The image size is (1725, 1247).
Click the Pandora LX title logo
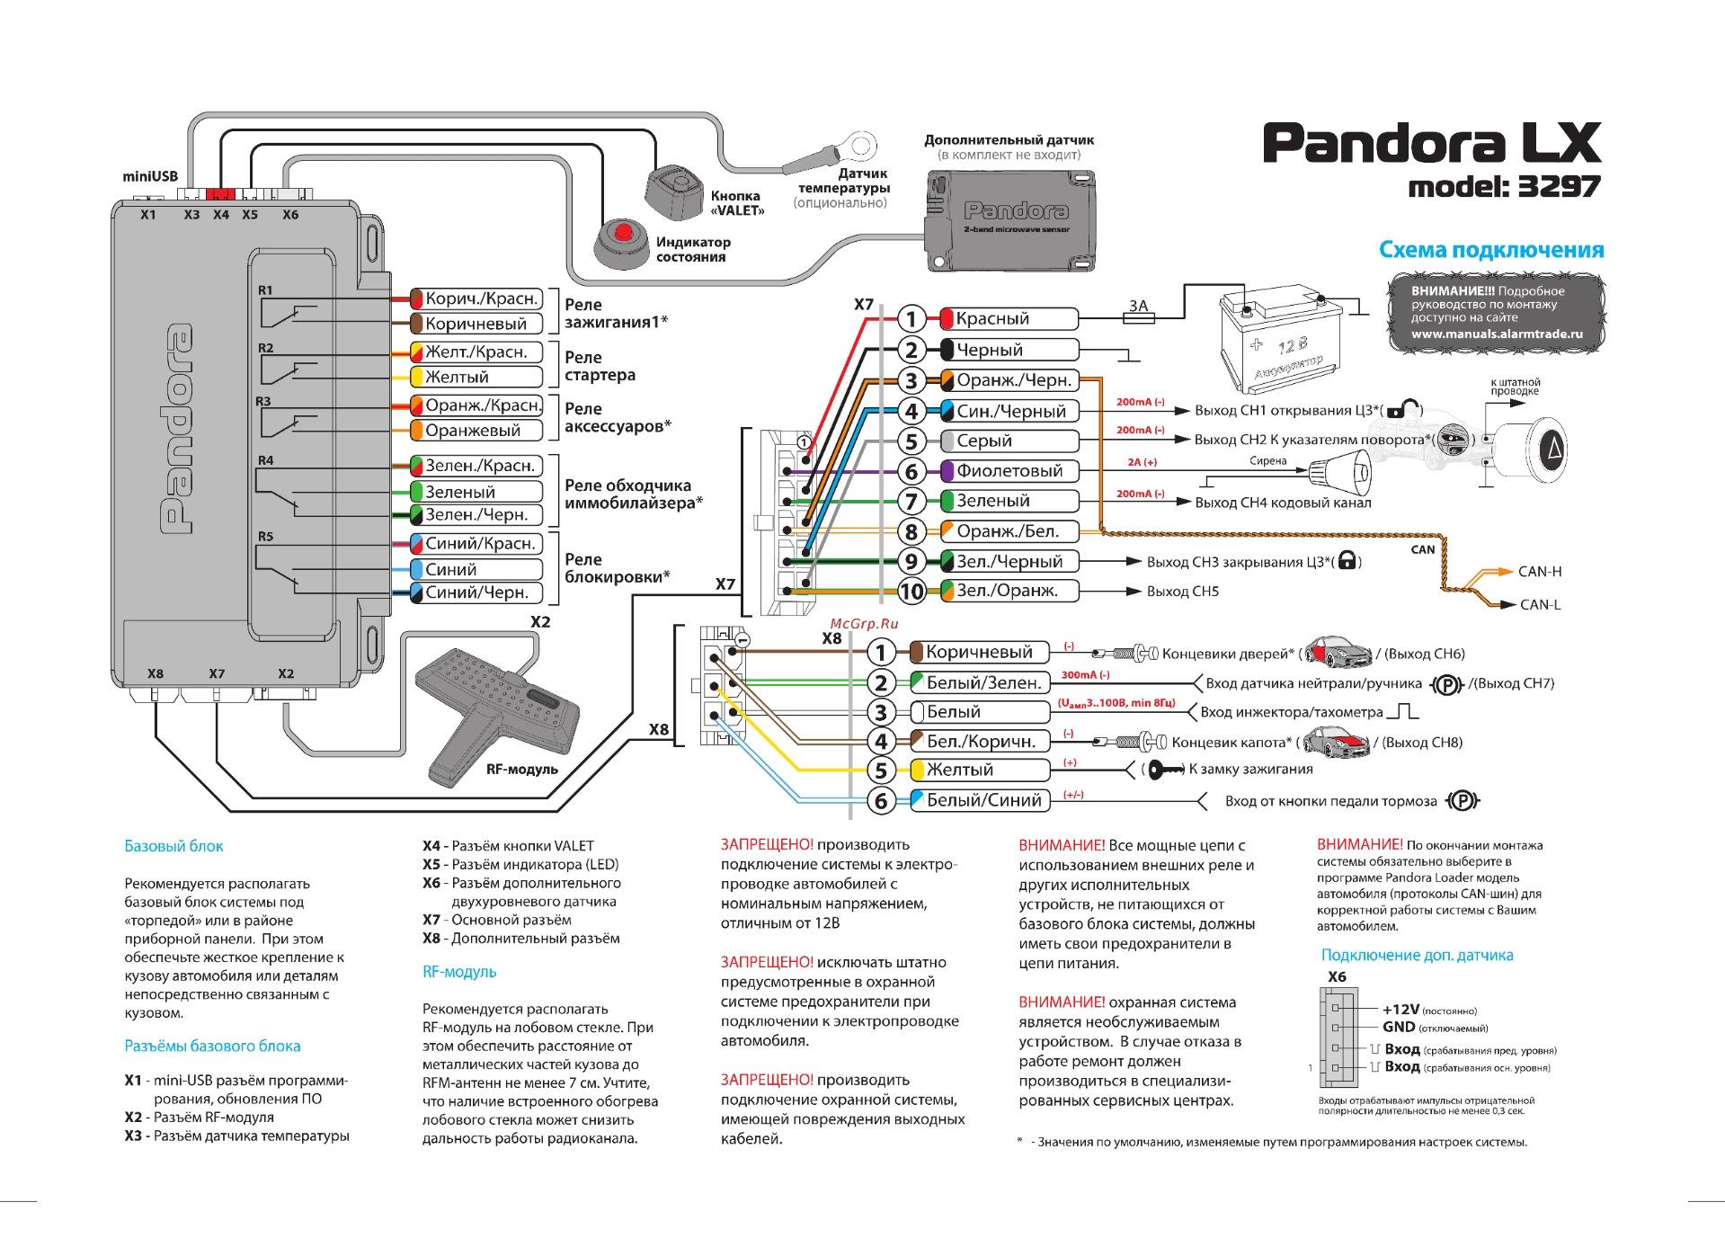point(1432,144)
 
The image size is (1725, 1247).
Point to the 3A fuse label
point(1138,306)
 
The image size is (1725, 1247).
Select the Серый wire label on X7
point(983,441)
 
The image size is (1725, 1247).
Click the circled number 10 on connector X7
point(911,592)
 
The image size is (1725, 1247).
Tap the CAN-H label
point(1540,572)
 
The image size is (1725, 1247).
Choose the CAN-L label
point(1540,605)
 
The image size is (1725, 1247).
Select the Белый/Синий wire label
point(983,800)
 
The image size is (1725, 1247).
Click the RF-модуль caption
point(521,770)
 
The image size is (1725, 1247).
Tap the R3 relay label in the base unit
point(263,401)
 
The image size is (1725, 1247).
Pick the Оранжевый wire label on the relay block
point(472,431)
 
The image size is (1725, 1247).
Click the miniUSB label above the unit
point(150,178)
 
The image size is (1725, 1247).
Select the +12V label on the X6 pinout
point(1399,1010)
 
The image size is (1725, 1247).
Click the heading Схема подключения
point(1491,250)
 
